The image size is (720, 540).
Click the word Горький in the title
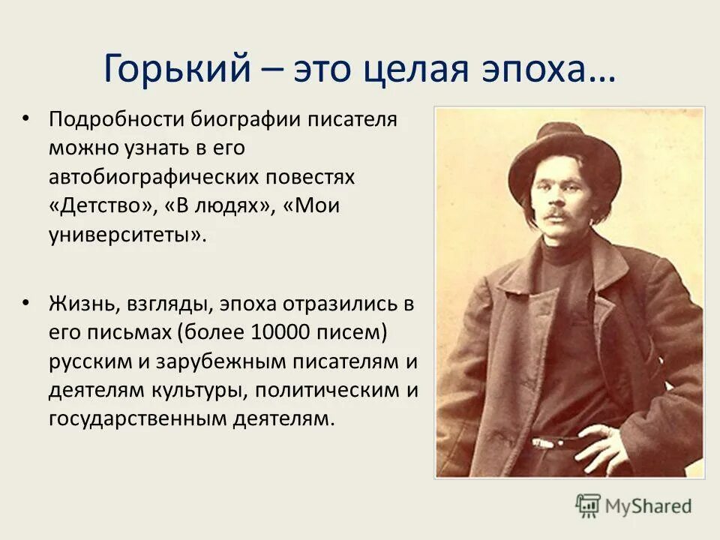click(x=176, y=69)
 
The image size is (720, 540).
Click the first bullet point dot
click(x=28, y=119)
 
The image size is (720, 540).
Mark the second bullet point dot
click(x=28, y=302)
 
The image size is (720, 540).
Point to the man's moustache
click(x=556, y=214)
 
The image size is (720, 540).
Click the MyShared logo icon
click(x=588, y=505)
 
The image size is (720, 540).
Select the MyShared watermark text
click(x=648, y=506)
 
